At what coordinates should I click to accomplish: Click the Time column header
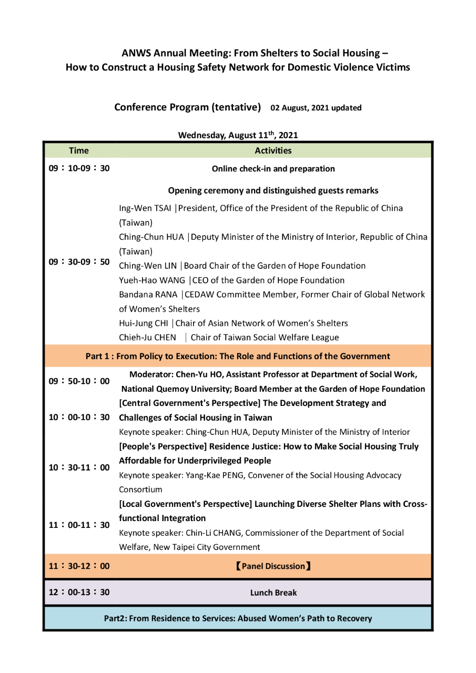click(x=79, y=151)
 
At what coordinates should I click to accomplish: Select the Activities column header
click(x=273, y=151)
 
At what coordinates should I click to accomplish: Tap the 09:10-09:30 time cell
click(x=79, y=169)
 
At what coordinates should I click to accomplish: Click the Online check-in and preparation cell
click(x=273, y=169)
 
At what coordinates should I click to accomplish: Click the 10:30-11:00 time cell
click(x=79, y=467)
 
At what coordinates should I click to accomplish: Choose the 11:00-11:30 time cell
click(x=79, y=525)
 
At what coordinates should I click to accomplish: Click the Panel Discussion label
click(x=273, y=566)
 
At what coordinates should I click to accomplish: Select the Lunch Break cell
click(x=273, y=593)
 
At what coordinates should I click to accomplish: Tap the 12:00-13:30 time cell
click(x=79, y=593)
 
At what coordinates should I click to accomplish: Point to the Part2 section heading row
click(x=238, y=618)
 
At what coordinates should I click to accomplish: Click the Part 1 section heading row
click(x=238, y=356)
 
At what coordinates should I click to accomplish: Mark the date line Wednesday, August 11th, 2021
click(x=238, y=135)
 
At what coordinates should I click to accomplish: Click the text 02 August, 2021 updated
click(x=316, y=108)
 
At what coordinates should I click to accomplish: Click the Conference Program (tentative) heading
click(x=188, y=107)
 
